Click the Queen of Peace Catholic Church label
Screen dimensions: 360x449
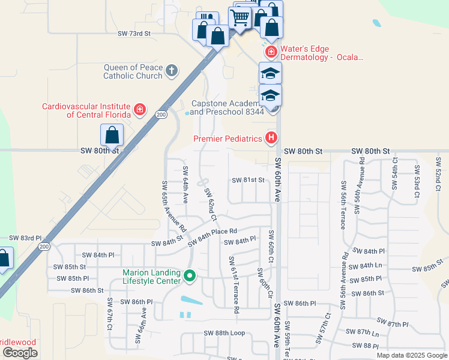click(133, 71)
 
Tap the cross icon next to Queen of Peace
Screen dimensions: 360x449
click(172, 71)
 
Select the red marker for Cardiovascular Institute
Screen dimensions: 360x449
click(140, 110)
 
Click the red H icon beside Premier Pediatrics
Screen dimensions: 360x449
click(271, 139)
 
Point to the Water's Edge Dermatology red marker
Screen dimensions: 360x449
click(271, 52)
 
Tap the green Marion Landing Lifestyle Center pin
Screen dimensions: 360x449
click(190, 277)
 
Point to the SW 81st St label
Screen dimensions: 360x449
click(249, 180)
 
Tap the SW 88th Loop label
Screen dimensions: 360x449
click(224, 333)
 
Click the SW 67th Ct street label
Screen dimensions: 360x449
click(110, 313)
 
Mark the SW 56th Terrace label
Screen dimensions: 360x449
click(343, 205)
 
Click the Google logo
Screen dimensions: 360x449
click(20, 353)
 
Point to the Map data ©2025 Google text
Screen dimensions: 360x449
click(411, 355)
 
